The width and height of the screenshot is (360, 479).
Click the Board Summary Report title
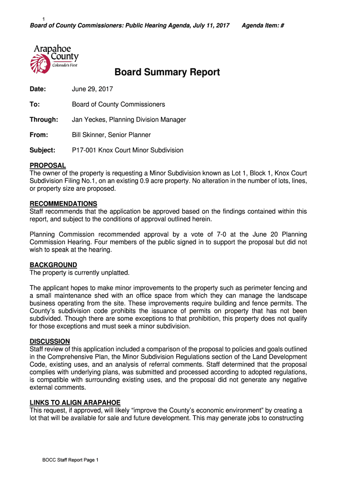click(167, 73)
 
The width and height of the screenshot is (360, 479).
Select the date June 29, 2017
click(92, 89)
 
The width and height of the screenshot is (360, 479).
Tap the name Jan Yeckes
click(88, 120)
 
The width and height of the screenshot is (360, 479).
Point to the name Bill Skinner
click(88, 135)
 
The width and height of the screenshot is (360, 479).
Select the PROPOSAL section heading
click(48, 166)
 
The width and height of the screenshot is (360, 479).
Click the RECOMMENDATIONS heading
click(64, 204)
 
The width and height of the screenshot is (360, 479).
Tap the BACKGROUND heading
click(53, 265)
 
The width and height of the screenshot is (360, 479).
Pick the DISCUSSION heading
click(50, 341)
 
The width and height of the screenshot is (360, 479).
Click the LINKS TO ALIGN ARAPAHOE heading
click(75, 403)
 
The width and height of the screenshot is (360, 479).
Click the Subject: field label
click(43, 151)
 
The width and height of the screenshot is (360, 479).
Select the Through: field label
click(44, 120)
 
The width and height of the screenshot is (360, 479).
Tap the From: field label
click(39, 135)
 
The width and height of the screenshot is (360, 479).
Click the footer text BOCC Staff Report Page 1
click(70, 460)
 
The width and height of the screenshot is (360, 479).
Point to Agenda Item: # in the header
click(263, 26)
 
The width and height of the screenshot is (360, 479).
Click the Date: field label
click(38, 89)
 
